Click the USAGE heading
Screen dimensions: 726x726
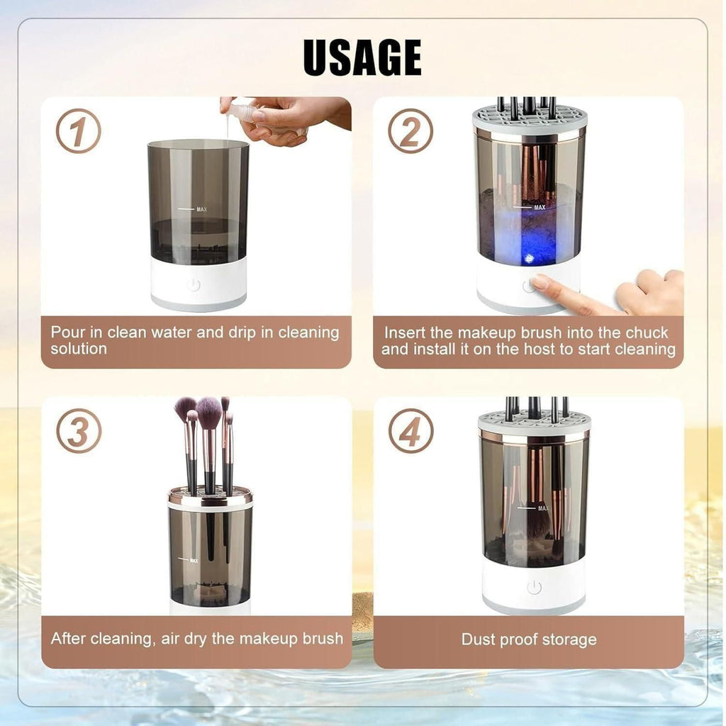(x=362, y=57)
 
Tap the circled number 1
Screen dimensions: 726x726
(x=78, y=131)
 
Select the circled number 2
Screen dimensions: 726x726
(x=411, y=131)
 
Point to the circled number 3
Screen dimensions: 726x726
(x=78, y=431)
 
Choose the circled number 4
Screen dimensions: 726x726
(x=411, y=431)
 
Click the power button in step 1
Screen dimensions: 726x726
(x=194, y=285)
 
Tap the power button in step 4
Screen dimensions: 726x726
(x=534, y=587)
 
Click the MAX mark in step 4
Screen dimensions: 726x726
(x=543, y=508)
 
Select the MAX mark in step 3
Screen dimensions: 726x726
(x=194, y=560)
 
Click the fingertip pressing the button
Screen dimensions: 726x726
(x=540, y=282)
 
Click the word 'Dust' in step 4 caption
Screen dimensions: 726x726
(x=478, y=640)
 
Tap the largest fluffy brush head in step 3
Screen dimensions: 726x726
(x=209, y=412)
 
